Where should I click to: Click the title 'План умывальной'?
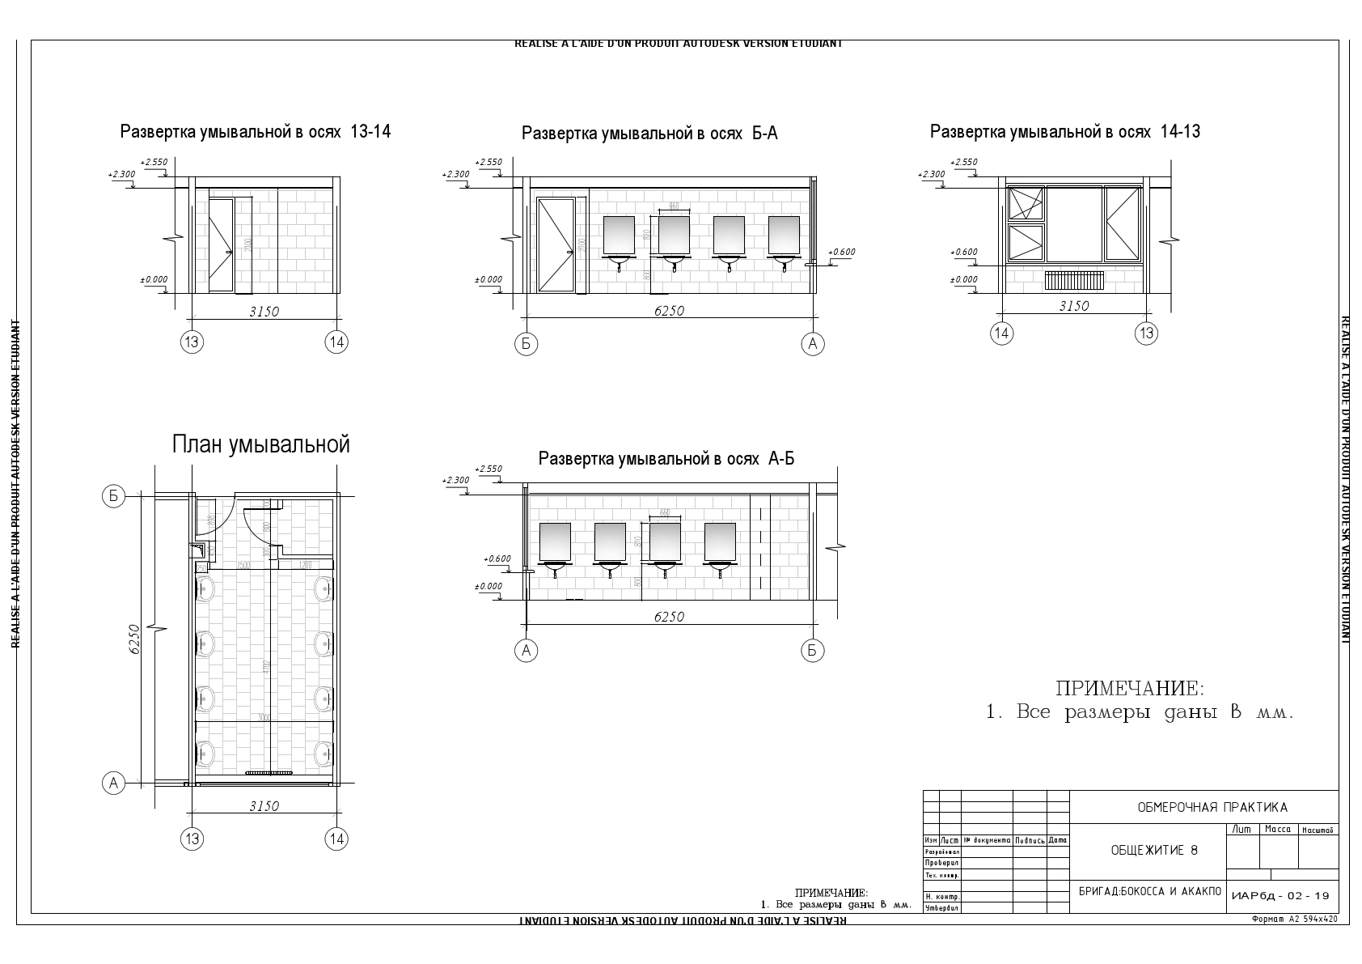[x=260, y=444]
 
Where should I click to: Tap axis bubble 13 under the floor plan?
[x=192, y=839]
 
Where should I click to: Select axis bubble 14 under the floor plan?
[x=337, y=839]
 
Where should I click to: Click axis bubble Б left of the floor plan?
[x=113, y=496]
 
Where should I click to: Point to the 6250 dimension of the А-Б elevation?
[x=669, y=617]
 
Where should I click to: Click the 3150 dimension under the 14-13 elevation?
[x=1074, y=306]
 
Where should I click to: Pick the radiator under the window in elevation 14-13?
[x=1074, y=280]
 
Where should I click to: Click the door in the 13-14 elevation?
[x=221, y=244]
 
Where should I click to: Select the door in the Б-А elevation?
[x=556, y=244]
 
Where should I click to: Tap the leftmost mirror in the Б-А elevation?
[x=620, y=236]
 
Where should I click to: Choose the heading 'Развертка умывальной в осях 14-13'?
[x=1064, y=131]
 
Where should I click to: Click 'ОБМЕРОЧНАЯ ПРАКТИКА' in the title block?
[x=1212, y=807]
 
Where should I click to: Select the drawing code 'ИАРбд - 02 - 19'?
[x=1281, y=896]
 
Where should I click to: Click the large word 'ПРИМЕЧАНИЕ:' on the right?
[x=1129, y=689]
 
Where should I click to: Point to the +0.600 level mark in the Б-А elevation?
[x=841, y=252]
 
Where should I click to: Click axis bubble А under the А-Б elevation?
[x=527, y=650]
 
